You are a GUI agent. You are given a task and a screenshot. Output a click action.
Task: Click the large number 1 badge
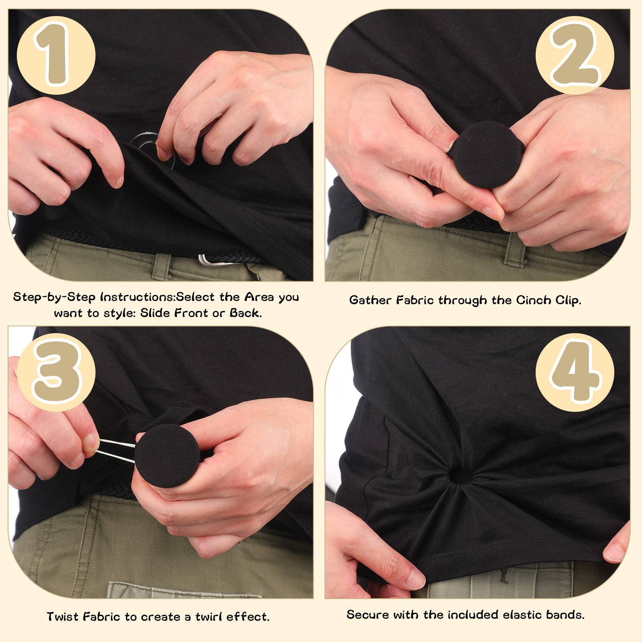point(56,55)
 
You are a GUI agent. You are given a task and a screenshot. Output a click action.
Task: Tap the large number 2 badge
point(575,55)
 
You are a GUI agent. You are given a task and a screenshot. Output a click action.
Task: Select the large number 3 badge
point(56,372)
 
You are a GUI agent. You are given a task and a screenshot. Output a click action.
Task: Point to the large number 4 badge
point(575,372)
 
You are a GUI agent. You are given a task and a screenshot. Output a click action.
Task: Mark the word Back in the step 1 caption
point(246,313)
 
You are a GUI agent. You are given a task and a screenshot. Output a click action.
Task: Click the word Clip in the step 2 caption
point(569,300)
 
